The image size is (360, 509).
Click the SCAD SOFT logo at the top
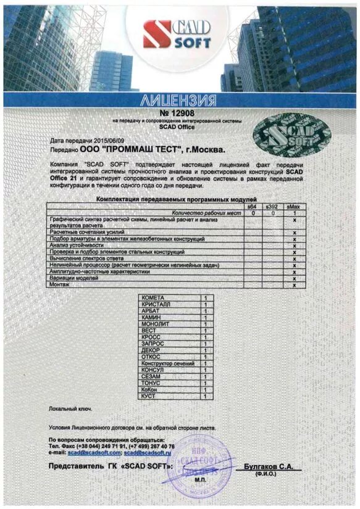(x=177, y=34)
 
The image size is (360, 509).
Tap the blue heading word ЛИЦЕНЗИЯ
(x=179, y=100)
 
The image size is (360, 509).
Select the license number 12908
(x=179, y=114)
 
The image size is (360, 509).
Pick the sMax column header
(x=295, y=206)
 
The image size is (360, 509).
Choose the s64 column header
(x=251, y=206)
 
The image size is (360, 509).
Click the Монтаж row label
(x=59, y=284)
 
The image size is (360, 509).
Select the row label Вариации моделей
(x=73, y=278)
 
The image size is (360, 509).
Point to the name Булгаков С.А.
(x=268, y=467)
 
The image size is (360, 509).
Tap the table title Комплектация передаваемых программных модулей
(x=175, y=200)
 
